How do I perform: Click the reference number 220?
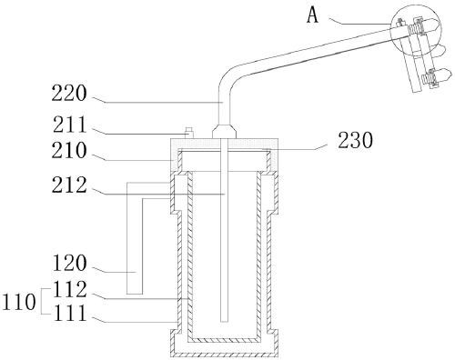pos(69,94)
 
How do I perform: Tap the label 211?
pos(70,125)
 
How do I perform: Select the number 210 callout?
pos(69,151)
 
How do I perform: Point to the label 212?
pos(69,185)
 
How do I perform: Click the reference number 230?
pos(356,141)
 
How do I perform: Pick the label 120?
pos(70,263)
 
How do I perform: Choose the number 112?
pos(70,289)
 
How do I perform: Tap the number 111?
pos(70,313)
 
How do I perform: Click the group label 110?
pos(19,302)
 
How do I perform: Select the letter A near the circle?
pos(312,15)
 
